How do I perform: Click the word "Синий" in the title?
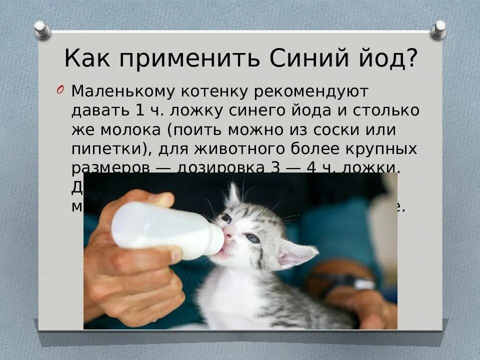pyautogui.click(x=305, y=59)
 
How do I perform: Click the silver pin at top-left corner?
pyautogui.click(x=42, y=29)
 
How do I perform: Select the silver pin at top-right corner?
pyautogui.click(x=438, y=29)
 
